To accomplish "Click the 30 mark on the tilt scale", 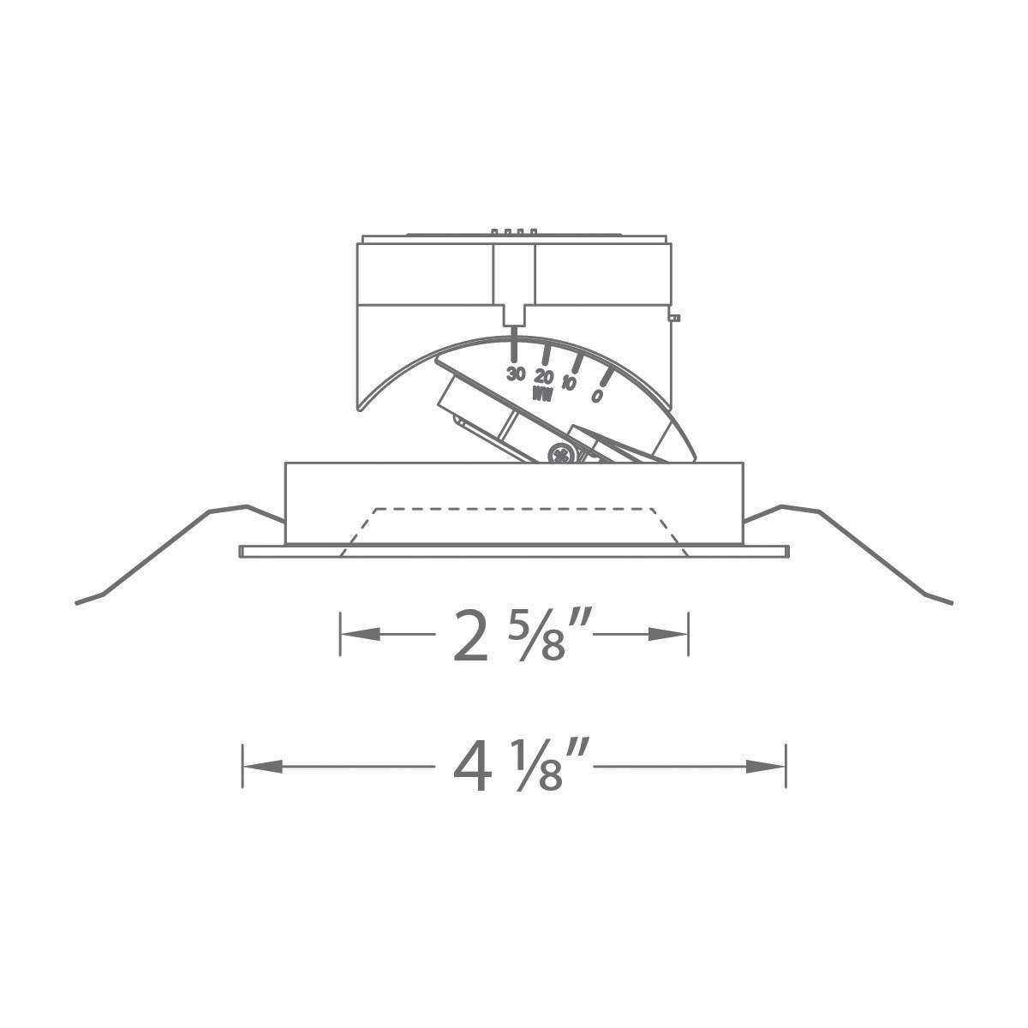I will pyautogui.click(x=516, y=374).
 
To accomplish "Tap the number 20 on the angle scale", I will pyautogui.click(x=543, y=376).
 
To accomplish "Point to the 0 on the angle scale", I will pyautogui.click(x=596, y=396).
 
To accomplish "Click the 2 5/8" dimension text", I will pyautogui.click(x=511, y=636).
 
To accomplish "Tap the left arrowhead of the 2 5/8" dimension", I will pyautogui.click(x=360, y=635).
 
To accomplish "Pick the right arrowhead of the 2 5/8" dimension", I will pyautogui.click(x=668, y=635).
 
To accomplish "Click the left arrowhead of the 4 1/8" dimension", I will pyautogui.click(x=262, y=766).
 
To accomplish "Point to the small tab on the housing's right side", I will pyautogui.click(x=675, y=318).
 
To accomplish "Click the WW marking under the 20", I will pyautogui.click(x=541, y=394).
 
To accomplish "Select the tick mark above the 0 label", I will pyautogui.click(x=605, y=376).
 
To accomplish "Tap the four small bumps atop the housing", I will pyautogui.click(x=514, y=231).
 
